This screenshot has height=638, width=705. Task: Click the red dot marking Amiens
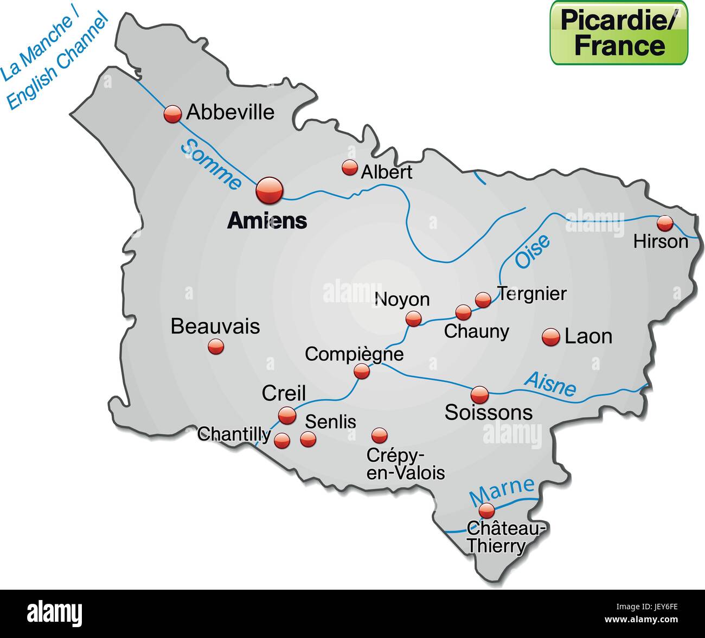[270, 190]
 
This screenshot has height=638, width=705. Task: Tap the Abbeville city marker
[172, 114]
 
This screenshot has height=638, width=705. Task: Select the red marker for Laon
[550, 337]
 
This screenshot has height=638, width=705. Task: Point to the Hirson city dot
[665, 223]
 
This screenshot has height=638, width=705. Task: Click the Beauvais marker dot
[216, 346]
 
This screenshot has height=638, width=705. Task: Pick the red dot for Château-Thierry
[486, 511]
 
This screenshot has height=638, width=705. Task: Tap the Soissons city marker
[479, 394]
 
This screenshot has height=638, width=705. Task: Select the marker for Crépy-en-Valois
[379, 435]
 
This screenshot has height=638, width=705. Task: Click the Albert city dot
[349, 168]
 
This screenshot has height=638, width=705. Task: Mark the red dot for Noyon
[414, 318]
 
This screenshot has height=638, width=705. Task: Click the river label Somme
[211, 164]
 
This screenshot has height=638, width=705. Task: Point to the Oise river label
[532, 251]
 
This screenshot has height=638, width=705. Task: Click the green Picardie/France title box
[619, 33]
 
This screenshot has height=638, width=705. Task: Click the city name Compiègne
[354, 354]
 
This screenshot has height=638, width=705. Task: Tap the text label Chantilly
[234, 434]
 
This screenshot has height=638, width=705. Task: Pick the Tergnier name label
[532, 294]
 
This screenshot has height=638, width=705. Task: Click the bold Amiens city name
[267, 220]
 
